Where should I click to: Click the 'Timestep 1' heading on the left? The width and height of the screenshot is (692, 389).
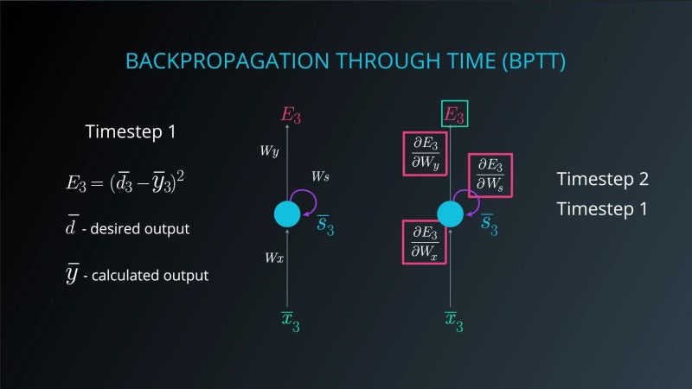tap(131, 132)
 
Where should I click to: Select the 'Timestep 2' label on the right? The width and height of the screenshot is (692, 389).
tap(602, 180)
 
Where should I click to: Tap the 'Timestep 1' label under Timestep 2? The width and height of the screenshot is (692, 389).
tap(602, 209)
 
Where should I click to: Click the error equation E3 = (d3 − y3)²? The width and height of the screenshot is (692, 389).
tap(126, 183)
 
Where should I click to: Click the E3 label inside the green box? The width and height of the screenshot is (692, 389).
tap(454, 114)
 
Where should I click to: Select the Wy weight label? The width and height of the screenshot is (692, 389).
tap(269, 151)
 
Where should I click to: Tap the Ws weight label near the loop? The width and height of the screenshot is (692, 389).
tap(320, 176)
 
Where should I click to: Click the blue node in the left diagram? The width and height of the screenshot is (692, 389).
tap(287, 214)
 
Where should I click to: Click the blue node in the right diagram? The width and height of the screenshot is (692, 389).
tap(451, 214)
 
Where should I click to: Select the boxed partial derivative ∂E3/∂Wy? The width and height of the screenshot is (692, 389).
tap(425, 153)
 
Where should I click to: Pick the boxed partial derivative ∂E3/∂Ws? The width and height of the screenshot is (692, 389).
tap(490, 175)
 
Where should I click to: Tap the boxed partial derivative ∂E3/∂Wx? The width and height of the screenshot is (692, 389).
tap(425, 241)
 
